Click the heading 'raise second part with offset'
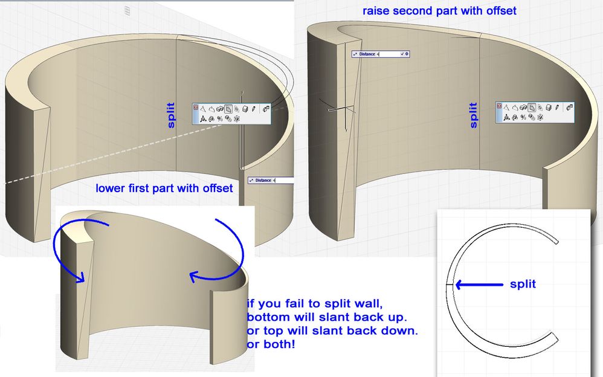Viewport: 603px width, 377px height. (x=439, y=11)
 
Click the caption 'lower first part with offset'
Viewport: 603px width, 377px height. (x=164, y=188)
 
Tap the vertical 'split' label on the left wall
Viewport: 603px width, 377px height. (x=171, y=115)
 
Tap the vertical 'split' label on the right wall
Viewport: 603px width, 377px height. (x=474, y=115)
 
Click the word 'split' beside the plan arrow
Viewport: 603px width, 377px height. (x=523, y=284)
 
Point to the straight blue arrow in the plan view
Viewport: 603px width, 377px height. (x=479, y=285)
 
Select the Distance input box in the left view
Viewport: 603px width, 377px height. (x=271, y=180)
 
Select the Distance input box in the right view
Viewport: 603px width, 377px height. (x=380, y=54)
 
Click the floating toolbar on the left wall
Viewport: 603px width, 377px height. (x=232, y=114)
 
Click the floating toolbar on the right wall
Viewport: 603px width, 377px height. (x=535, y=112)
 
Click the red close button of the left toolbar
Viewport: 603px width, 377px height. (x=196, y=108)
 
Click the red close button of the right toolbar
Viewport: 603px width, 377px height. (x=499, y=106)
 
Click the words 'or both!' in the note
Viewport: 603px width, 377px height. (x=271, y=344)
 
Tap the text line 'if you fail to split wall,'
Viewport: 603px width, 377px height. (x=315, y=303)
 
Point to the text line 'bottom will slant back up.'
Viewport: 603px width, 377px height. (x=326, y=317)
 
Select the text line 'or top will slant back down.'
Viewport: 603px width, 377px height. (x=332, y=330)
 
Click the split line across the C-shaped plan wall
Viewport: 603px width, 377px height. (x=451, y=285)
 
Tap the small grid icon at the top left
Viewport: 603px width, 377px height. (x=127, y=11)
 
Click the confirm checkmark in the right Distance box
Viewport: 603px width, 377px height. (x=402, y=54)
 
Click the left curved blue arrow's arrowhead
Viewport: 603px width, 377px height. (x=81, y=277)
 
